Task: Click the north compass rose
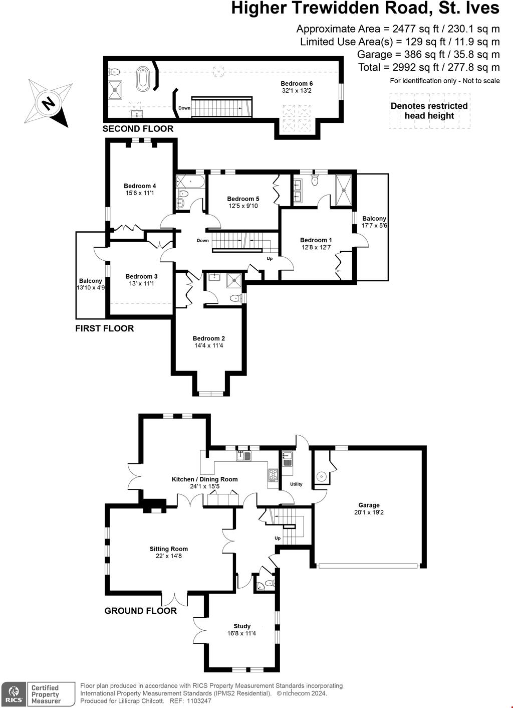pos(49,103)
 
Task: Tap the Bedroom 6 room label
pos(297,84)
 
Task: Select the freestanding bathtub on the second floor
pos(143,79)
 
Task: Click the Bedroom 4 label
pos(140,186)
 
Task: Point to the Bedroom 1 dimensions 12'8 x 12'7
pos(316,247)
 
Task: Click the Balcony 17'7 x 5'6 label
pos(374,222)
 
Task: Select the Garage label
pos(369,505)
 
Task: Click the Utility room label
pos(296,484)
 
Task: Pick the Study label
pos(242,626)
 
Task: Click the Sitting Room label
pos(168,549)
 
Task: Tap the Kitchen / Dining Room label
pos(204,479)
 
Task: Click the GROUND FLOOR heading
pos(140,611)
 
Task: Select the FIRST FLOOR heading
pos(104,328)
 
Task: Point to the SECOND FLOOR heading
pos(138,129)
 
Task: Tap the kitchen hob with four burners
pos(274,475)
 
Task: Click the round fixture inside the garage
pos(322,476)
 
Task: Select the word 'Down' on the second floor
pos(184,108)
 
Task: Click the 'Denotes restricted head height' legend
pos(429,111)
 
